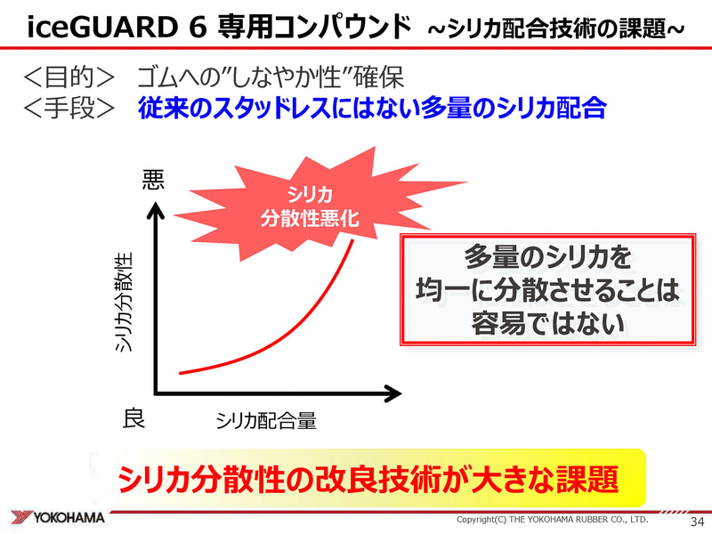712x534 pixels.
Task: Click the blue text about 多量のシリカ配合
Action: point(372,109)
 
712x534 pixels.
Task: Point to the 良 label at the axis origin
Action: point(133,418)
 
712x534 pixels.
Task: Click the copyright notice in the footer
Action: point(552,520)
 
